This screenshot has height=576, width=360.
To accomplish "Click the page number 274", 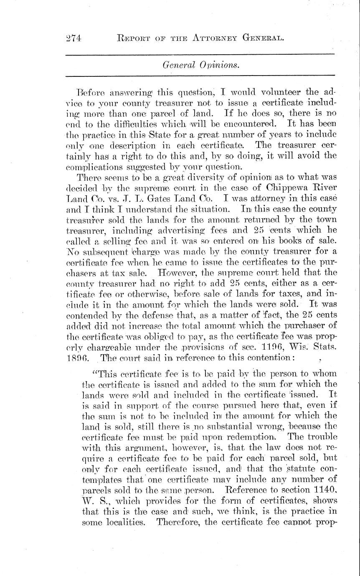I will click(x=74, y=39).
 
